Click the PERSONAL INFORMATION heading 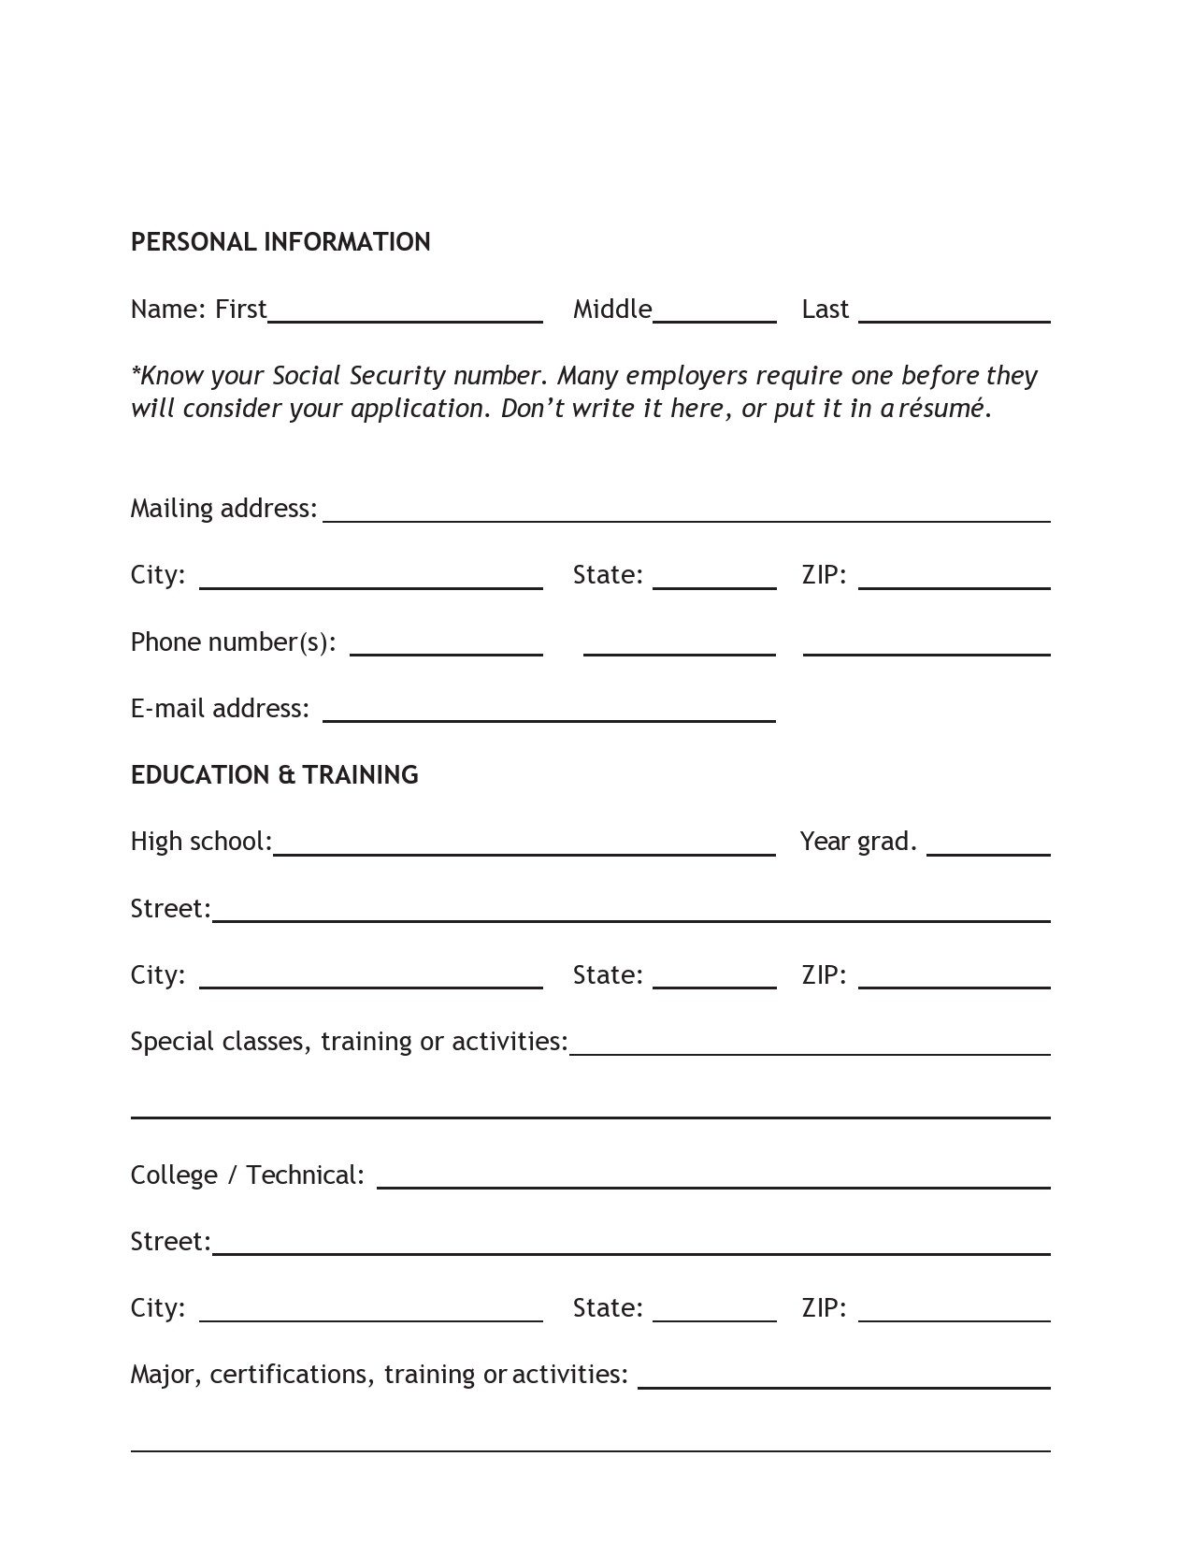point(280,242)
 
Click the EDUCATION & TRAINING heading point(274,775)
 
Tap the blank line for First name point(405,314)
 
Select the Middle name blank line point(714,314)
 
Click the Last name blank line point(954,314)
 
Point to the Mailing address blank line point(686,513)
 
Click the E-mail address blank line point(549,714)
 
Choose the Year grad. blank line point(988,847)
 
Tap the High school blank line point(524,847)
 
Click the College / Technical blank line point(713,1180)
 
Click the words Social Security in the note point(358,376)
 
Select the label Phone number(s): point(233,642)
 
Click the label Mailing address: point(223,509)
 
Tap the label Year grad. point(857,842)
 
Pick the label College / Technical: point(247,1175)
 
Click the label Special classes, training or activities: point(349,1042)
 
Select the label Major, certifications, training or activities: point(379,1375)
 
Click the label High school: point(201,842)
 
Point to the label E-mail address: point(220,709)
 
